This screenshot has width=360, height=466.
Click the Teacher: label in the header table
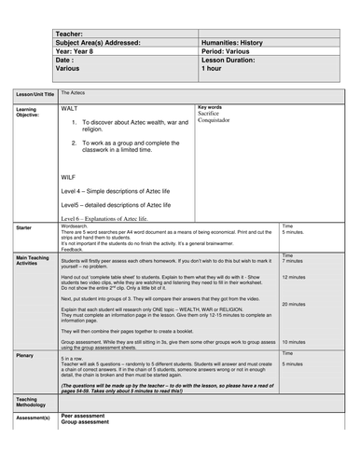pyautogui.click(x=73, y=34)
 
